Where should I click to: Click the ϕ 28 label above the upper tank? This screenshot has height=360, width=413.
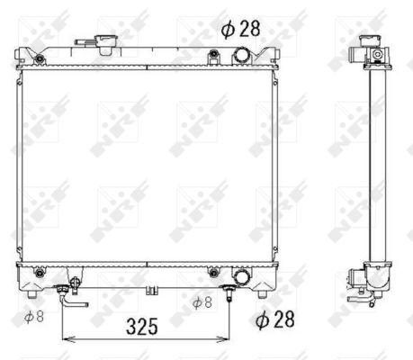[241, 29]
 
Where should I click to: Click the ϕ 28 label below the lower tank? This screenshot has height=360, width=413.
[275, 319]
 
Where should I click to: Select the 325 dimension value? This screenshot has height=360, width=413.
[142, 327]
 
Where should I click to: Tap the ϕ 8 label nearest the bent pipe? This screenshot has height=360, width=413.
[34, 317]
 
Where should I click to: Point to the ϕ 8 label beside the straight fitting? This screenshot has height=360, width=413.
[202, 302]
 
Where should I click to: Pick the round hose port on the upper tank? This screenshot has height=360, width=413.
[241, 56]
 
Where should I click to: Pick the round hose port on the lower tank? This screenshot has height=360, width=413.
[241, 276]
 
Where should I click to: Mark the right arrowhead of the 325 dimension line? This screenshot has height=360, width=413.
[223, 339]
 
